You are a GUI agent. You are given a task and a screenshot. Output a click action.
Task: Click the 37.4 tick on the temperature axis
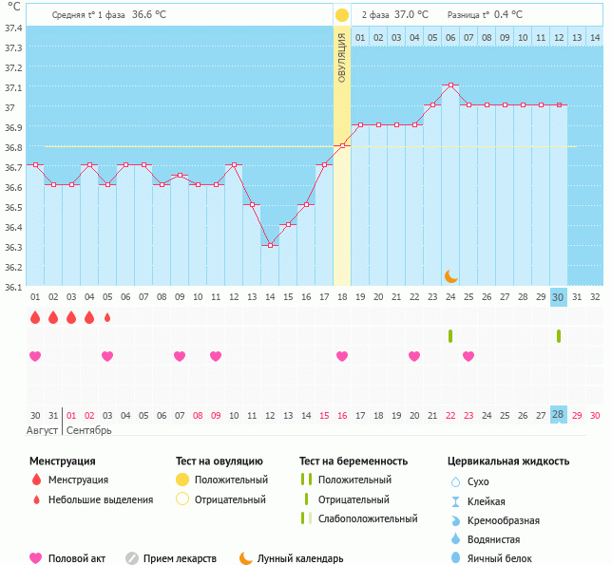point(12,28)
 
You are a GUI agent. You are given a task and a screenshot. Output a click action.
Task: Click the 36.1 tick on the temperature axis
point(12,286)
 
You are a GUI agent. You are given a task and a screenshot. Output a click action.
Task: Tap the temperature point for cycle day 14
point(270,245)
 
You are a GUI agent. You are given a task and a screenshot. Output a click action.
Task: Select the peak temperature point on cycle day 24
point(450,85)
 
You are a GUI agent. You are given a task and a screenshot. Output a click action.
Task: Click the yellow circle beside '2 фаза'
point(341,15)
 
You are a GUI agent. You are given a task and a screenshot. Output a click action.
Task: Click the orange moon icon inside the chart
point(450,275)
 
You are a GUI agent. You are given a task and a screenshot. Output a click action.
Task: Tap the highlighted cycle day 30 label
point(559,297)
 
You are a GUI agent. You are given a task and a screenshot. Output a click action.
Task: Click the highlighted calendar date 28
point(559,415)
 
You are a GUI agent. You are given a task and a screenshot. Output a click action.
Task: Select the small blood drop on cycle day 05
point(107,317)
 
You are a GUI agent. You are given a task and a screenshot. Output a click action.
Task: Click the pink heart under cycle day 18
point(342,356)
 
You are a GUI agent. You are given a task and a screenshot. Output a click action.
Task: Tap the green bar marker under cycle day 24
point(450,336)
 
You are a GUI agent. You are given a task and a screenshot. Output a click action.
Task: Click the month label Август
point(43,430)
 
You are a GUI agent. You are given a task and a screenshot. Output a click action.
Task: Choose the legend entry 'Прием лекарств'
point(180,558)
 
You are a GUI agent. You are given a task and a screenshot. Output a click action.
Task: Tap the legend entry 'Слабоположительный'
point(368,518)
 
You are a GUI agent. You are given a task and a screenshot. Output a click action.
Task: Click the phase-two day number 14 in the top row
point(595,38)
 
